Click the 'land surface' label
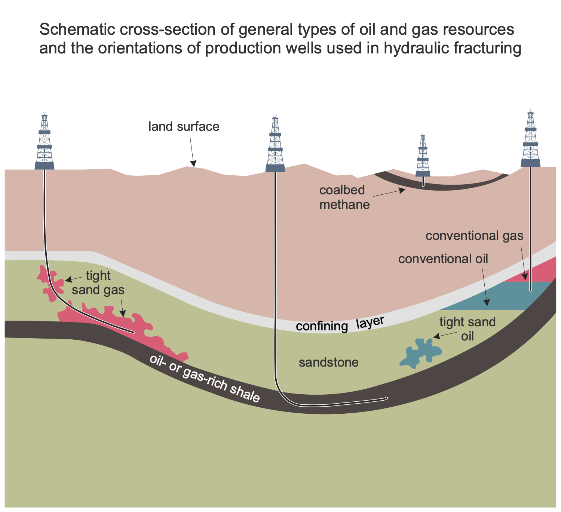184,127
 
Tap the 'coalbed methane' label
344,197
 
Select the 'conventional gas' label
474,235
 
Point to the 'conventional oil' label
443,259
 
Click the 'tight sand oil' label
467,329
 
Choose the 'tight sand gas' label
98,283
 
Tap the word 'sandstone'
329,363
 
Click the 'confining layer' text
340,324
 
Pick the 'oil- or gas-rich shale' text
205,379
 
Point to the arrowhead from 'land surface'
193,163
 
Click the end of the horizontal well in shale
387,398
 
